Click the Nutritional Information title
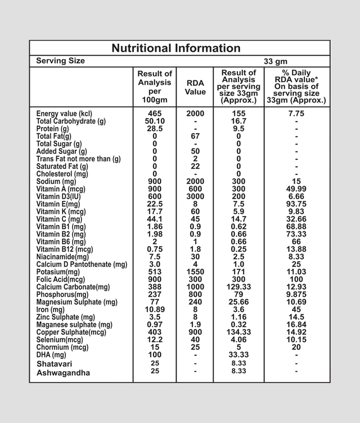point(175,48)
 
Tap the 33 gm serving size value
point(276,61)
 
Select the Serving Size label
point(61,61)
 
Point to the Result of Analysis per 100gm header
point(155,87)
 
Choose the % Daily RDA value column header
point(296,87)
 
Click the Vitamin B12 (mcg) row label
point(65,249)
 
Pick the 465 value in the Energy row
point(155,113)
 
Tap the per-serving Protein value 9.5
point(238,128)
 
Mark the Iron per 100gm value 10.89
point(155,309)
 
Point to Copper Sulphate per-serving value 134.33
point(238,332)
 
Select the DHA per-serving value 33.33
point(238,355)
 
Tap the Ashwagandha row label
point(63,372)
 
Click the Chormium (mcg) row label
point(62,348)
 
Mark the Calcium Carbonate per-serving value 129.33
point(238,287)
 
